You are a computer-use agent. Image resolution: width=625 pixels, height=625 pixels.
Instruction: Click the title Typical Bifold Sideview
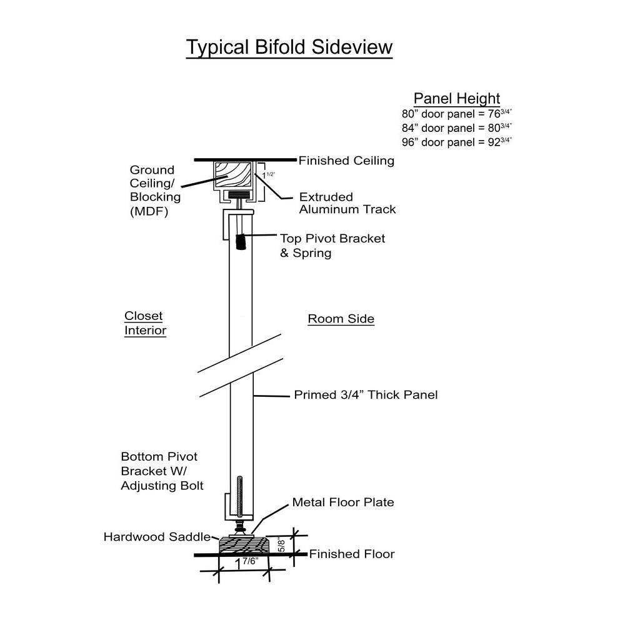click(289, 47)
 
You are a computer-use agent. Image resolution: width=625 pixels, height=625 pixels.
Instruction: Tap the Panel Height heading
click(457, 98)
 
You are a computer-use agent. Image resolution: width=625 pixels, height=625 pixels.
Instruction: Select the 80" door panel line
click(457, 114)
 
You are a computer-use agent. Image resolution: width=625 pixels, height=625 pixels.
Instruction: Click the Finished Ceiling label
click(346, 161)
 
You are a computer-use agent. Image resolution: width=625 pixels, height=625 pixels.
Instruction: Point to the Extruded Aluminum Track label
click(347, 203)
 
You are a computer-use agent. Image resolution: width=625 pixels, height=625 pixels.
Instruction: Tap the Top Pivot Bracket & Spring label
click(332, 246)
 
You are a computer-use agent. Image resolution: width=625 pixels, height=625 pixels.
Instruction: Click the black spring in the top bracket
click(241, 241)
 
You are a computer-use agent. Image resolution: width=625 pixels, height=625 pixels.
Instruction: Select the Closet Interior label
click(145, 323)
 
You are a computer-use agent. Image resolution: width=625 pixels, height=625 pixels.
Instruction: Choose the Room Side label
click(341, 319)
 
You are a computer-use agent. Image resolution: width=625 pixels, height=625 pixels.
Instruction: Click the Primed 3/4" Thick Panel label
click(366, 395)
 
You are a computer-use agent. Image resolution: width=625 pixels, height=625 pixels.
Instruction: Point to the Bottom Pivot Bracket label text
click(162, 471)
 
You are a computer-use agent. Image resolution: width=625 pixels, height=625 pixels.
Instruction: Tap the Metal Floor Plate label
click(343, 502)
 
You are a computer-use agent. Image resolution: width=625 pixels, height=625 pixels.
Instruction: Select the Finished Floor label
click(352, 554)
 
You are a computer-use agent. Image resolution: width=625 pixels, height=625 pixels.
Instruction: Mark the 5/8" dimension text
click(282, 544)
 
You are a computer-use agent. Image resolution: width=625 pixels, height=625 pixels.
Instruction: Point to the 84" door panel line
click(457, 127)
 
